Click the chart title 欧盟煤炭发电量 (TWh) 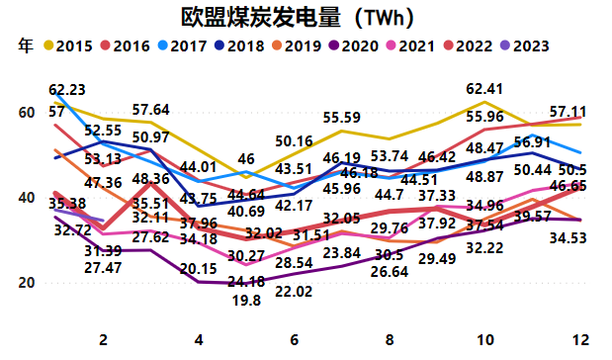pos(298,17)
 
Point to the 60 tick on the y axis pos(28,113)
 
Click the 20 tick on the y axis pos(28,283)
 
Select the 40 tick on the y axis pos(28,198)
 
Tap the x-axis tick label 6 pos(296,339)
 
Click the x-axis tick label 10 pos(485,339)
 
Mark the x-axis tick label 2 pos(103,339)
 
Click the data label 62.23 pos(67,89)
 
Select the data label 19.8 pos(247,302)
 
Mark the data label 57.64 pos(152,110)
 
